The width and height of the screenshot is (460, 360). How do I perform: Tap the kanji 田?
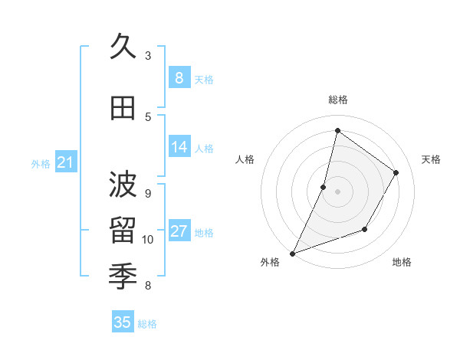[x=123, y=110]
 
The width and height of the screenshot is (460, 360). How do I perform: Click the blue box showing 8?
[x=179, y=77]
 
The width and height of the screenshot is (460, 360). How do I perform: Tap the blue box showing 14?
[x=179, y=147]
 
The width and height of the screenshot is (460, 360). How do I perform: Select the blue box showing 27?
[x=179, y=231]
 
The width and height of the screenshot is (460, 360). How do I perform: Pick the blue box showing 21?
[x=65, y=162]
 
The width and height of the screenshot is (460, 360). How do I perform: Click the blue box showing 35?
[x=123, y=322]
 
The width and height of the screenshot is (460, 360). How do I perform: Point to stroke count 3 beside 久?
[x=148, y=56]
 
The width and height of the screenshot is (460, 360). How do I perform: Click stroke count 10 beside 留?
[x=148, y=240]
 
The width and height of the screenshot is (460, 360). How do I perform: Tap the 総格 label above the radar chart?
[x=337, y=100]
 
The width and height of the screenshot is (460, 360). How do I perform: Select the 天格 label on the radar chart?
[x=431, y=159]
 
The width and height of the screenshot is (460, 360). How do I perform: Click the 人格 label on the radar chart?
[x=245, y=159]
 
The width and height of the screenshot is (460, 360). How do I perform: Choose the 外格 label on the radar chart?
[x=270, y=262]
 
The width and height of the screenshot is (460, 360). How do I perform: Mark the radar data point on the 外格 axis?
[x=292, y=253]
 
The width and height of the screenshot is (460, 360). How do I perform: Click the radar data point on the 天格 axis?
[x=396, y=172]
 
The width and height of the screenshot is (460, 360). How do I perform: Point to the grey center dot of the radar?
[x=337, y=191]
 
